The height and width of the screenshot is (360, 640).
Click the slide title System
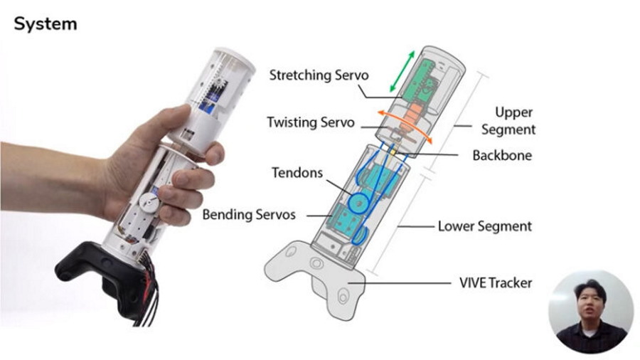pos(45,23)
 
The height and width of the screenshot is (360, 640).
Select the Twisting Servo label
pos(310,122)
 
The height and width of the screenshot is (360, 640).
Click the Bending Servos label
pos(249,214)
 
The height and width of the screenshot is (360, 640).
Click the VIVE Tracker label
pos(496,283)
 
